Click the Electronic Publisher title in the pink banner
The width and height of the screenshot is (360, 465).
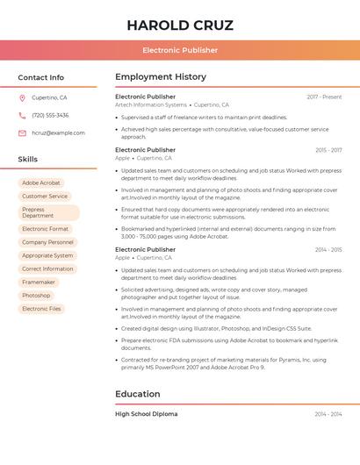tap(179, 50)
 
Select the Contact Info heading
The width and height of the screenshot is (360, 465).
tap(40, 77)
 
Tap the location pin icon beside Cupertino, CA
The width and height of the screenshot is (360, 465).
tap(22, 97)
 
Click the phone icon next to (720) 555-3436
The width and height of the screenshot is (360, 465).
tap(22, 115)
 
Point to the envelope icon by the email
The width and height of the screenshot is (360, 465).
tap(22, 132)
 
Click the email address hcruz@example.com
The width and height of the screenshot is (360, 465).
tap(58, 132)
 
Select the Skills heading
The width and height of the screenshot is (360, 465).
tap(28, 159)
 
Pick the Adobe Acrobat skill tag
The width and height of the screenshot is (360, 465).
tap(41, 182)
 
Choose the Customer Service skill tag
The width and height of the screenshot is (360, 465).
tap(45, 197)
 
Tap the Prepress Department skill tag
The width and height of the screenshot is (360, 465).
tap(48, 212)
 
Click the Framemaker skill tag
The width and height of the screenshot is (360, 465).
tap(39, 282)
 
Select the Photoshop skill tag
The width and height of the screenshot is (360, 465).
tap(36, 296)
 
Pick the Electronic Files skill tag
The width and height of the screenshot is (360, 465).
tap(41, 309)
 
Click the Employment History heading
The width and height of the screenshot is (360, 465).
tap(161, 77)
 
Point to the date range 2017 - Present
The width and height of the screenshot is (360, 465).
tap(324, 97)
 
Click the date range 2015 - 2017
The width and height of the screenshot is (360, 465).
tap(328, 150)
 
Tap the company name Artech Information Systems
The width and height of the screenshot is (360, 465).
tap(151, 104)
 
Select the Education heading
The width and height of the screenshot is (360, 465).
tap(137, 394)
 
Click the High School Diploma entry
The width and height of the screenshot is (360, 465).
tap(146, 413)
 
